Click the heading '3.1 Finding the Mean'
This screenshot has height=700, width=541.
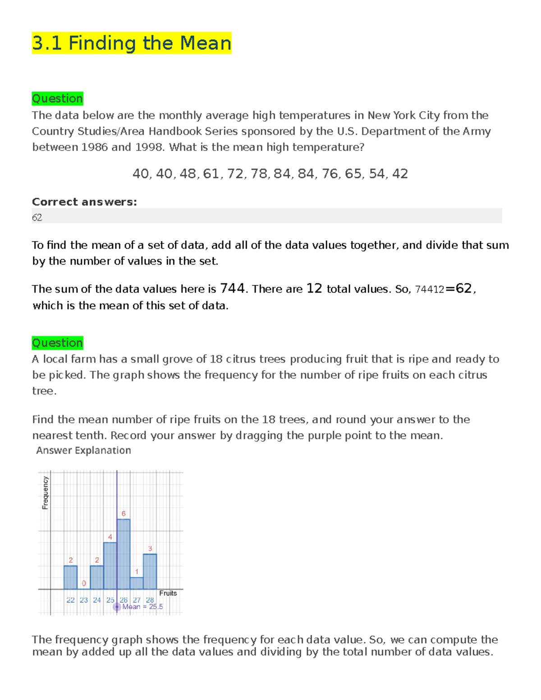tap(131, 43)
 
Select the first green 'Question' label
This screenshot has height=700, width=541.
tap(57, 98)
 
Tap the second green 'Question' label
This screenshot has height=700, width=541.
tap(57, 343)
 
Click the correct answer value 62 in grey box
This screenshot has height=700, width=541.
tap(37, 217)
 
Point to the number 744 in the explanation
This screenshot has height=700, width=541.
tap(232, 288)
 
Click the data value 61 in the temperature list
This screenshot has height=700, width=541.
tap(211, 174)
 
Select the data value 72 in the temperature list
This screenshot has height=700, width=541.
tap(235, 174)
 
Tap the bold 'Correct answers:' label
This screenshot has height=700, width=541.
tap(84, 201)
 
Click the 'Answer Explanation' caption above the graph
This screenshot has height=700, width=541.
tap(83, 450)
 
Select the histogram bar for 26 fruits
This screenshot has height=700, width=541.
tap(124, 554)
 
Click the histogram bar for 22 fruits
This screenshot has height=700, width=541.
tap(70, 577)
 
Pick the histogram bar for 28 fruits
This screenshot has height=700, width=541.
tap(150, 572)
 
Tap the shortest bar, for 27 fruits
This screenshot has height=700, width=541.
tap(137, 583)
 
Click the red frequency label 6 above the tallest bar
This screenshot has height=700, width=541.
tap(124, 513)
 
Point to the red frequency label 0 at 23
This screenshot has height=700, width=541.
tap(84, 583)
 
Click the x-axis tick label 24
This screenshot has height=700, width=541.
tap(97, 600)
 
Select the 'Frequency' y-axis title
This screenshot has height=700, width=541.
tap(45, 493)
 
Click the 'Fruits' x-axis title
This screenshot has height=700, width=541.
tap(168, 593)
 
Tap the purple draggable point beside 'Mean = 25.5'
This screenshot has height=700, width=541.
tap(117, 607)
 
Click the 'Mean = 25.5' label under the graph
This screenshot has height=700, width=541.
tap(142, 607)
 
